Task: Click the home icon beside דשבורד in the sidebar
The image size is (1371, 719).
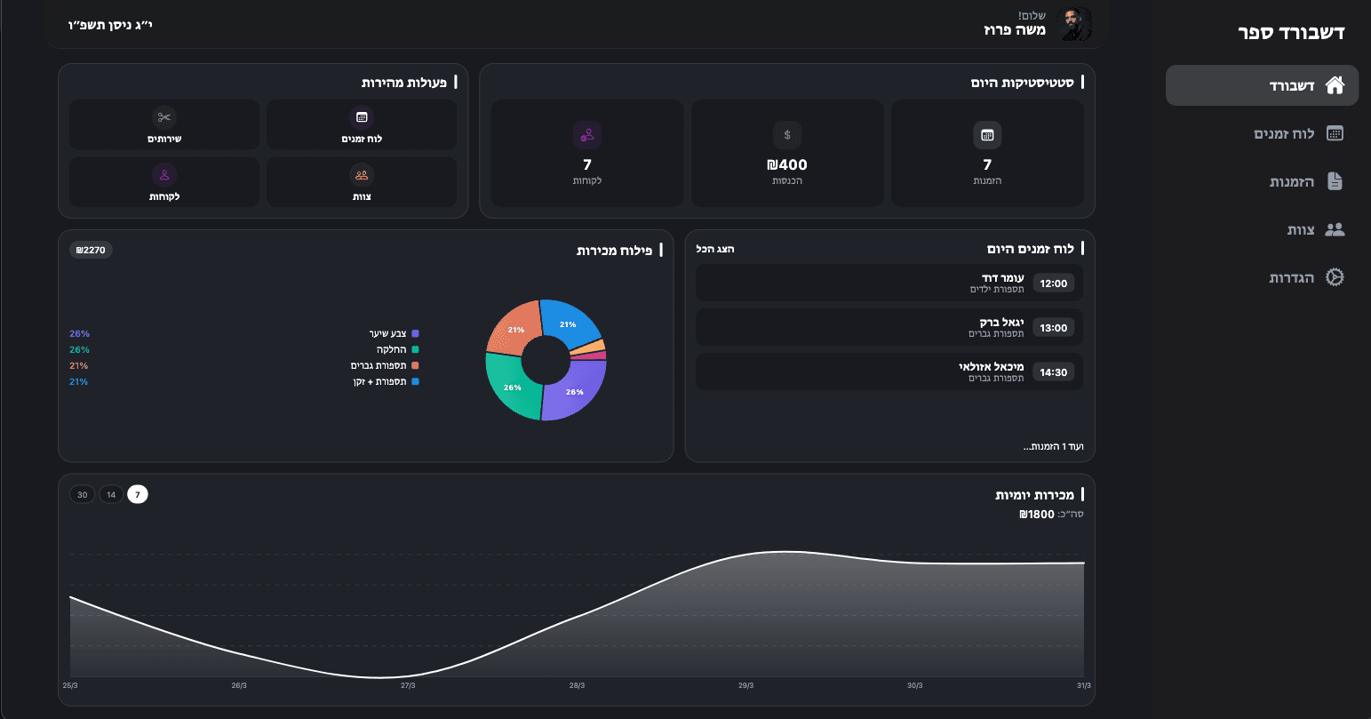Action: pyautogui.click(x=1335, y=85)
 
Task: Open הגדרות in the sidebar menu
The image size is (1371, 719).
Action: pyautogui.click(x=1306, y=277)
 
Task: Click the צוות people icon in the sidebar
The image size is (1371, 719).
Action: pyautogui.click(x=1335, y=229)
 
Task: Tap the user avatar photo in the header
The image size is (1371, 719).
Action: pyautogui.click(x=1075, y=25)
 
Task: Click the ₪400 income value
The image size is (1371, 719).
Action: pyautogui.click(x=787, y=164)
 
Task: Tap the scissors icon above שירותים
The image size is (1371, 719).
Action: pyautogui.click(x=164, y=117)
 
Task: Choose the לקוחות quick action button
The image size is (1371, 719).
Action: pyautogui.click(x=164, y=182)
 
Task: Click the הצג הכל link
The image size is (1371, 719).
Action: pyautogui.click(x=715, y=249)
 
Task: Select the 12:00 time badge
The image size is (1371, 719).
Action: pyautogui.click(x=1053, y=284)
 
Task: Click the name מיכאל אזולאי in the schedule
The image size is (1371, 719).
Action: pyautogui.click(x=991, y=366)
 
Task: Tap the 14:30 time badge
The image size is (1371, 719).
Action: pyautogui.click(x=1053, y=372)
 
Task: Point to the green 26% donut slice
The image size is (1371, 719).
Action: pyautogui.click(x=513, y=387)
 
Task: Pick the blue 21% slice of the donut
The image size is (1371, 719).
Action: pyautogui.click(x=570, y=324)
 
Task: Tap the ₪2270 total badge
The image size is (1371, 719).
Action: pyautogui.click(x=91, y=250)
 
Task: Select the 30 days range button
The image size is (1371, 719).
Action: pyautogui.click(x=82, y=495)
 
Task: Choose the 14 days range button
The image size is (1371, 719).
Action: pyautogui.click(x=111, y=495)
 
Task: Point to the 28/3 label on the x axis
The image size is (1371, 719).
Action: pyautogui.click(x=577, y=685)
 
